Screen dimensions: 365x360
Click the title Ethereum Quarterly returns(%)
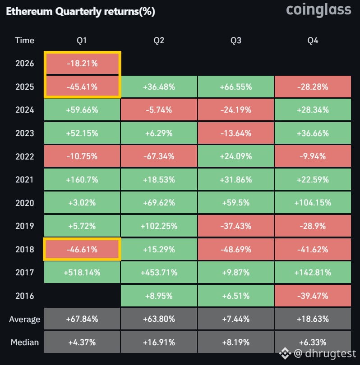[x=80, y=12]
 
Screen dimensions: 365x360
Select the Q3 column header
[x=235, y=41]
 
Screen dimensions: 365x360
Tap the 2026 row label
[x=24, y=64]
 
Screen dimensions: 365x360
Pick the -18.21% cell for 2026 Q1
[x=82, y=64]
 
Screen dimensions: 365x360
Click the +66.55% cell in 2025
[x=235, y=87]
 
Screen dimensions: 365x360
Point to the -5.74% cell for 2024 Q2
[x=159, y=110]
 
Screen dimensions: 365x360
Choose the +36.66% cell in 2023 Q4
[x=313, y=133]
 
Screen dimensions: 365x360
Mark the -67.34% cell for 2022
[x=159, y=156]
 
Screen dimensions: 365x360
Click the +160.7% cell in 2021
[x=82, y=180]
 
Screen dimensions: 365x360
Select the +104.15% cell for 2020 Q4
[x=313, y=203]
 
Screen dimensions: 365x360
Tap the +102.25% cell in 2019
[x=159, y=226]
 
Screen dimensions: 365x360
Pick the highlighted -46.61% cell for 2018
[x=82, y=249]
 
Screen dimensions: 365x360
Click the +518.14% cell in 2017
[x=82, y=273]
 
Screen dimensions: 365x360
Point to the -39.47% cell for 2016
[x=313, y=296]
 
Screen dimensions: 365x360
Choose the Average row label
[x=24, y=319]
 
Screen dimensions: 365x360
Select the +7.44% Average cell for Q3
[x=235, y=319]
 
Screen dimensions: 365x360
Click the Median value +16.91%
[x=159, y=342]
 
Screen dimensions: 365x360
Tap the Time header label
[x=24, y=41]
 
